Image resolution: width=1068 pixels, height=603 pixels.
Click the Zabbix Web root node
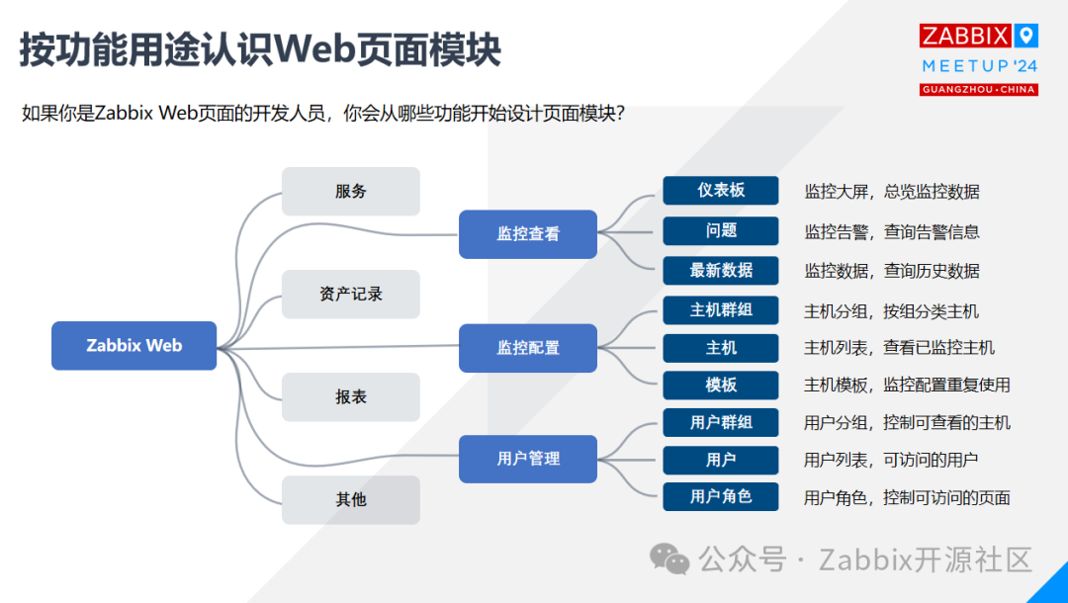tap(133, 346)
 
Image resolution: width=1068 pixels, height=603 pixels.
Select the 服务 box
tap(351, 192)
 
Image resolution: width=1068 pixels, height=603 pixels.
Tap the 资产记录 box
tap(351, 294)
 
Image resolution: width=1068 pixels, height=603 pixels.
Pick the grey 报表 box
tap(351, 396)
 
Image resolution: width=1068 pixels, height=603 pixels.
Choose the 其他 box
tap(351, 499)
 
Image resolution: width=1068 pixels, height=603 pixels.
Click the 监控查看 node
tap(528, 234)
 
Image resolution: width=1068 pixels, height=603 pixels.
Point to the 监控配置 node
tap(528, 348)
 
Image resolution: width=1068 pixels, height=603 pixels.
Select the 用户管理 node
tap(528, 459)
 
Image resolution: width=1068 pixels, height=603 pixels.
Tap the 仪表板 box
tap(721, 191)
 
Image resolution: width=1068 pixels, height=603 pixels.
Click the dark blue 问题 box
tap(721, 230)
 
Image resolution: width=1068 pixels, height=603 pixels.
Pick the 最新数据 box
tap(721, 270)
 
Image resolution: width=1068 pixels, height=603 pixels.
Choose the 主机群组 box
tap(721, 309)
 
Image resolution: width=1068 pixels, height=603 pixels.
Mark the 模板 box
tap(721, 385)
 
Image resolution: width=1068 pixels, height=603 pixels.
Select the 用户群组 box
tap(721, 422)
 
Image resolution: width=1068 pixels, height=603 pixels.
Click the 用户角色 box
tap(721, 496)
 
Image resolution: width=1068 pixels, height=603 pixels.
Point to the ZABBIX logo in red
tap(965, 37)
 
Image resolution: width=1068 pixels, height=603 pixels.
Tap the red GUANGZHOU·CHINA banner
tap(978, 90)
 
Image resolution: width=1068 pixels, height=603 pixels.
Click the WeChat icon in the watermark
tap(669, 560)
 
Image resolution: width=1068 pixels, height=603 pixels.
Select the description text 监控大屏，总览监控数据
tap(891, 192)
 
